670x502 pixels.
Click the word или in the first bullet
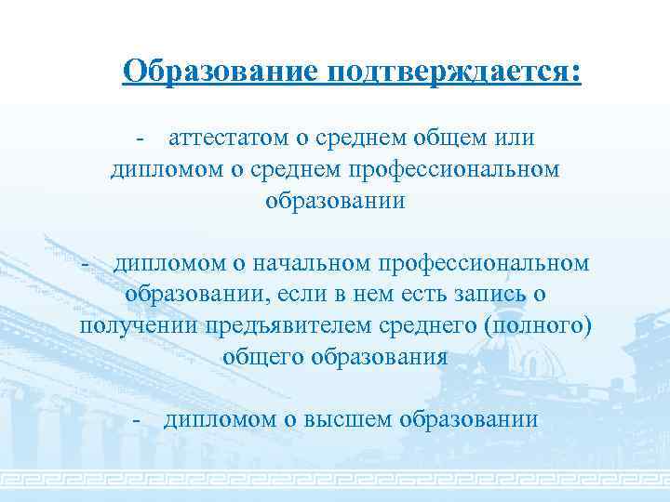515,139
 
